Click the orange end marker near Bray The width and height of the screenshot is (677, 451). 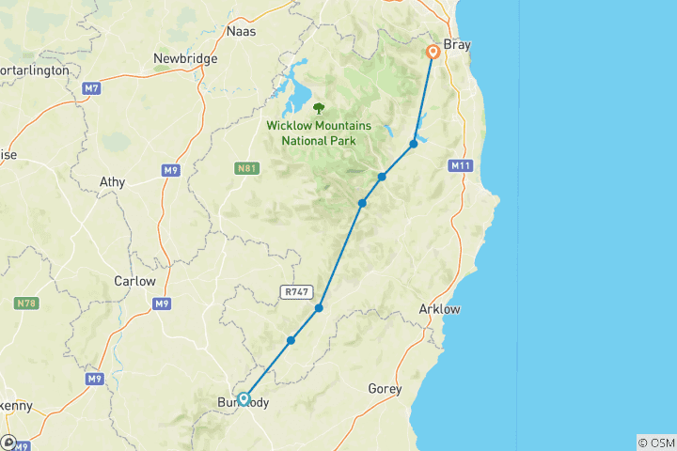click(x=433, y=53)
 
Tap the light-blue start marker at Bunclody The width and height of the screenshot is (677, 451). click(x=244, y=398)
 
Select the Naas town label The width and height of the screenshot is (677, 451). click(x=242, y=31)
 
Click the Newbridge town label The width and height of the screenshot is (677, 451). click(x=185, y=58)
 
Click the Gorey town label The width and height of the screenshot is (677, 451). click(x=384, y=388)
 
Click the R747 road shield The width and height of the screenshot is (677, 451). click(x=294, y=292)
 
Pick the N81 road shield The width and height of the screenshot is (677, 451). click(x=244, y=168)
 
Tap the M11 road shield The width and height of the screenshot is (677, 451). click(x=460, y=166)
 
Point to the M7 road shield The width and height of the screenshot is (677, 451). click(x=91, y=88)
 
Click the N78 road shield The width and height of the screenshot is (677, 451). click(x=26, y=303)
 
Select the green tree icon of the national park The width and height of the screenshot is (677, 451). click(x=319, y=108)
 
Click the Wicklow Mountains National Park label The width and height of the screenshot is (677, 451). click(x=319, y=133)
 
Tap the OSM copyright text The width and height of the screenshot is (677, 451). click(x=655, y=442)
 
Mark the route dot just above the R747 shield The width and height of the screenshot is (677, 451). click(x=320, y=307)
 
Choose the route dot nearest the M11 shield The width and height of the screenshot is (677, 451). click(x=413, y=144)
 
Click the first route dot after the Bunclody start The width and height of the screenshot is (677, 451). click(x=291, y=340)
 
